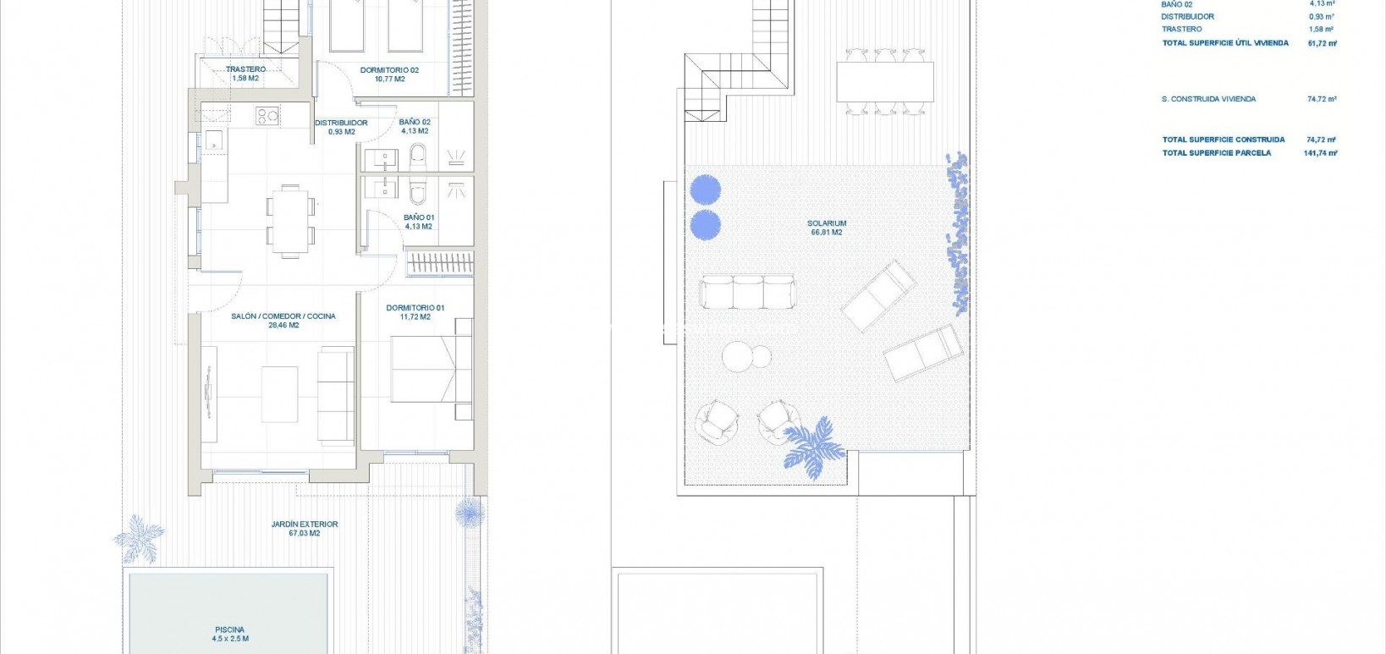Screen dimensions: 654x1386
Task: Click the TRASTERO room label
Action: pyautogui.click(x=245, y=69)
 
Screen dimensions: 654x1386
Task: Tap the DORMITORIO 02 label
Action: pyautogui.click(x=389, y=70)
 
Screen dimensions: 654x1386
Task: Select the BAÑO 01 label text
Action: pyautogui.click(x=418, y=217)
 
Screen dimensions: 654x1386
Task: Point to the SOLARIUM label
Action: pyautogui.click(x=826, y=223)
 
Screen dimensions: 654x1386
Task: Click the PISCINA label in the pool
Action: pyautogui.click(x=229, y=629)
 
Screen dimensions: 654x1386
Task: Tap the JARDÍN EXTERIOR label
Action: pyautogui.click(x=305, y=525)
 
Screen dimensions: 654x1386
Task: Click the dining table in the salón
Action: pyautogui.click(x=291, y=220)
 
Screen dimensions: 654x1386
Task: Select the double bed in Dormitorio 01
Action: pyautogui.click(x=427, y=370)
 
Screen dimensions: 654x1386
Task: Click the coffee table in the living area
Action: pyautogui.click(x=279, y=394)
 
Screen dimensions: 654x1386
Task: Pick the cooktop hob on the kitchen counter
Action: pyautogui.click(x=267, y=116)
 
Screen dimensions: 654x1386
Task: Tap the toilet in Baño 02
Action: pyautogui.click(x=418, y=157)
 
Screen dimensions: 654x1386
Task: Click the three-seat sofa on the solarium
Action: pyautogui.click(x=748, y=292)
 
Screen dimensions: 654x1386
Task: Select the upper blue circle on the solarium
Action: pyautogui.click(x=705, y=190)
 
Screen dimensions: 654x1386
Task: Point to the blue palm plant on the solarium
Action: pyautogui.click(x=813, y=447)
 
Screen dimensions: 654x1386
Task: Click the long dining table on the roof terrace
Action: pyautogui.click(x=884, y=82)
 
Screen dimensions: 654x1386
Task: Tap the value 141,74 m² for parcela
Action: pyautogui.click(x=1320, y=153)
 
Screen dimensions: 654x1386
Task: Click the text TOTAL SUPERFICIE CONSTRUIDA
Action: pyautogui.click(x=1223, y=140)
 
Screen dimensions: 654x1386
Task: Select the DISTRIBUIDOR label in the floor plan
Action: pyautogui.click(x=341, y=123)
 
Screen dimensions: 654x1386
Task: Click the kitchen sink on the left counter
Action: pyautogui.click(x=213, y=140)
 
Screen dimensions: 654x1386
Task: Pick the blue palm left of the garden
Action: pyautogui.click(x=140, y=537)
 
